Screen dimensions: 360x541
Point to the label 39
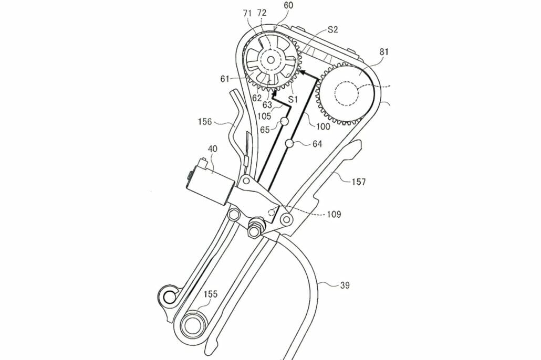345,285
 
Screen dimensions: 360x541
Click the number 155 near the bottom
211,295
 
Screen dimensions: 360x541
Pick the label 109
332,214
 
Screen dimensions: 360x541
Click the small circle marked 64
289,143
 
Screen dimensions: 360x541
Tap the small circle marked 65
284,121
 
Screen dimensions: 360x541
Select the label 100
322,126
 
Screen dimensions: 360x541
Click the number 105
264,115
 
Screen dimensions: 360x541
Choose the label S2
332,30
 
